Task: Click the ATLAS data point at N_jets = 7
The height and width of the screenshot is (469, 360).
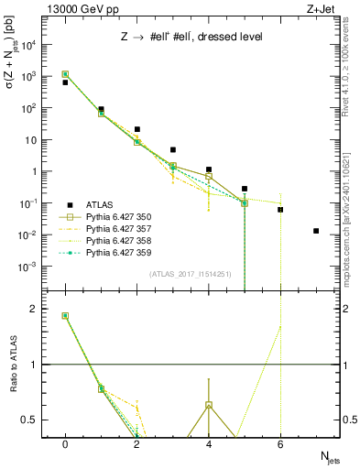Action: pyautogui.click(x=316, y=231)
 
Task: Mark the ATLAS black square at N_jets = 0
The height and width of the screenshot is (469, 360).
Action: pyautogui.click(x=65, y=82)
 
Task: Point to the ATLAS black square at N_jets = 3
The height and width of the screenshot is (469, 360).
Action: pyautogui.click(x=173, y=149)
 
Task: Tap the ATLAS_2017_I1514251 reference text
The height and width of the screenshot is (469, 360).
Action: pyautogui.click(x=191, y=274)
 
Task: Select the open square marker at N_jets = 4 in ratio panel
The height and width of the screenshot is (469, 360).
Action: pyautogui.click(x=209, y=405)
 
